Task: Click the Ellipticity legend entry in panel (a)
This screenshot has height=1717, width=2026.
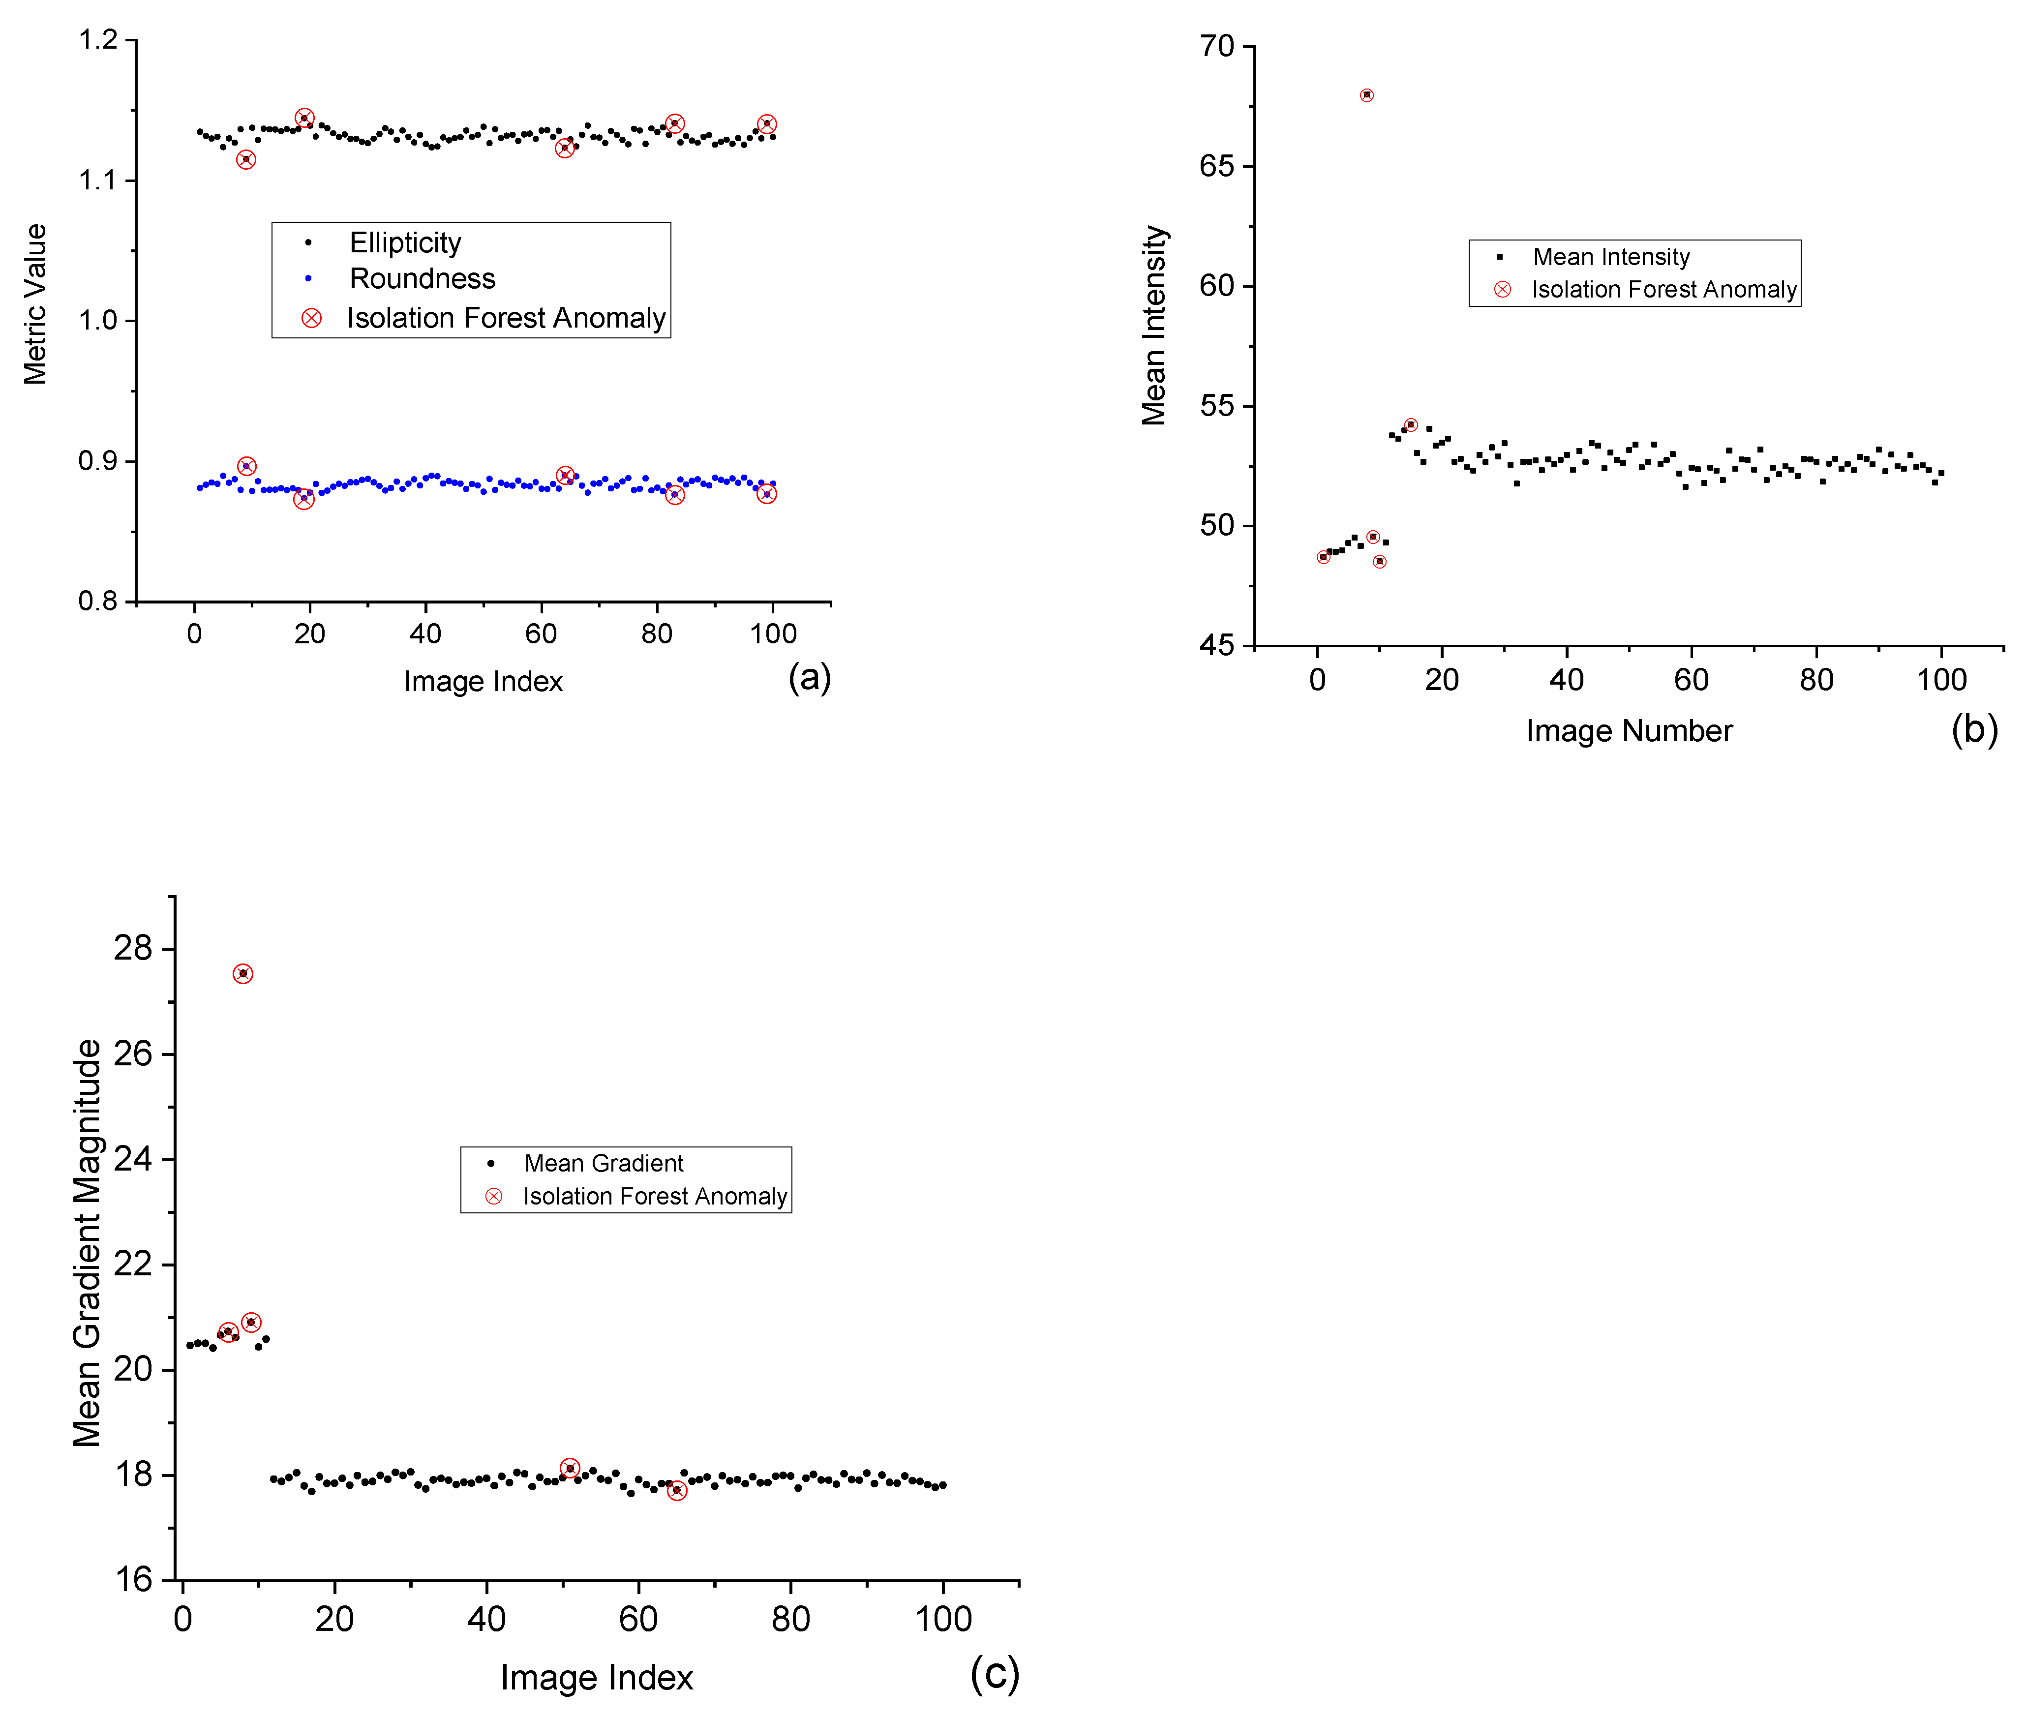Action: pyautogui.click(x=404, y=242)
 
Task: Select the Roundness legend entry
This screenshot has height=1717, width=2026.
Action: pyautogui.click(x=422, y=279)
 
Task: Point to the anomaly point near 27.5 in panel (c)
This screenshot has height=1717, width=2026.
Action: pyautogui.click(x=242, y=973)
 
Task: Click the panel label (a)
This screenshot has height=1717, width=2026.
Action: pyautogui.click(x=809, y=677)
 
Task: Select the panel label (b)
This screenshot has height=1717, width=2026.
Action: pyautogui.click(x=1973, y=729)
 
